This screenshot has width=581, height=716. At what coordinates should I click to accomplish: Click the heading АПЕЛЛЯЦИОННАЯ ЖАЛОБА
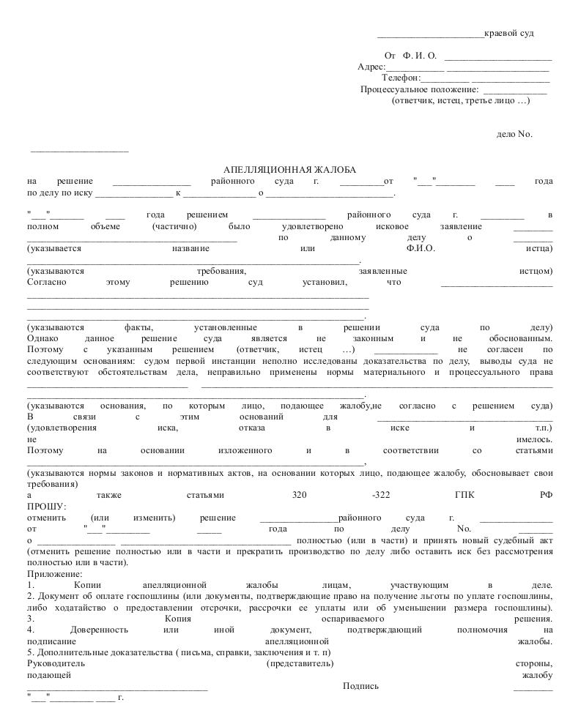tap(289, 170)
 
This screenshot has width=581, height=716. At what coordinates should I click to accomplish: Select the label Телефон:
tap(401, 78)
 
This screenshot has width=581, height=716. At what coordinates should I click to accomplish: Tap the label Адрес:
tap(371, 67)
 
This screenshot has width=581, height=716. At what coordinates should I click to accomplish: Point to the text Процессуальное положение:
tap(414, 89)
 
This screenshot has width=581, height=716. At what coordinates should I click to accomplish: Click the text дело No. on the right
tap(514, 134)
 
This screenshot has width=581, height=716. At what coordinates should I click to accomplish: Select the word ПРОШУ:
tap(46, 507)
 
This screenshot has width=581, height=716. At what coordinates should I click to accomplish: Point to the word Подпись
tap(360, 686)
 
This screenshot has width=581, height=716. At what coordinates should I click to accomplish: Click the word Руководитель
tap(56, 663)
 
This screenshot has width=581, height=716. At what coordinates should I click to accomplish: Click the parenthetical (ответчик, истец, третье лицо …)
tap(461, 100)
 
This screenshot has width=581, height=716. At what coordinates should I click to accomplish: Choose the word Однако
tap(42, 339)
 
